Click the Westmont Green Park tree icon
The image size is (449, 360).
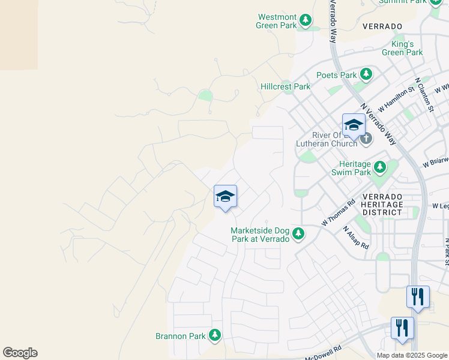pyautogui.click(x=306, y=21)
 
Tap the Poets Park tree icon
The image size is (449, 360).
pyautogui.click(x=366, y=75)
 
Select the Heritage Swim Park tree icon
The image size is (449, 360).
pyautogui.click(x=379, y=166)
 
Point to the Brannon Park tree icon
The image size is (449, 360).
pyautogui.click(x=214, y=336)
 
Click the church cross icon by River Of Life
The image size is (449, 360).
pyautogui.click(x=366, y=139)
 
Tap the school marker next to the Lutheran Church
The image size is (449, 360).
pyautogui.click(x=353, y=126)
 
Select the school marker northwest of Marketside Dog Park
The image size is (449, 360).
pyautogui.click(x=225, y=196)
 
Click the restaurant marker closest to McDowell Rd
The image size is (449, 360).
pyautogui.click(x=402, y=328)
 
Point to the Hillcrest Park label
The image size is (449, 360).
pyautogui.click(x=285, y=86)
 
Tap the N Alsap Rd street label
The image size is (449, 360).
pyautogui.click(x=356, y=237)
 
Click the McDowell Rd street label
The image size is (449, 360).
pyautogui.click(x=323, y=351)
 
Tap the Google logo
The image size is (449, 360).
pyautogui.click(x=20, y=353)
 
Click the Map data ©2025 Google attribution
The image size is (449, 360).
pyautogui.click(x=412, y=355)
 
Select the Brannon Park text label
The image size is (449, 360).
pyautogui.click(x=180, y=337)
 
